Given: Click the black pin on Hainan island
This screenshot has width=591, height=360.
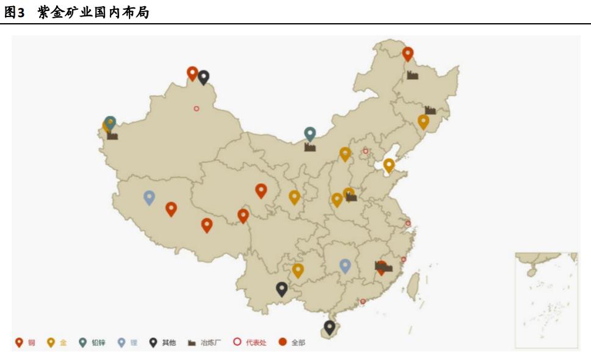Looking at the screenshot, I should click(x=330, y=327).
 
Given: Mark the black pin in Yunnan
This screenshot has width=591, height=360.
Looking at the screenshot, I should click(x=281, y=288).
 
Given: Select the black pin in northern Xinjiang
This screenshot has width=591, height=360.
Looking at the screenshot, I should click(x=204, y=76).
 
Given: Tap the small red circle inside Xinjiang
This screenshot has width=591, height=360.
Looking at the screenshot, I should click(x=197, y=109).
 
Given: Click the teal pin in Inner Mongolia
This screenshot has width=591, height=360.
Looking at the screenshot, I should click(x=310, y=134).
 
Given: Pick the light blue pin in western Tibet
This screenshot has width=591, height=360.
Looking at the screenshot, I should click(x=149, y=197).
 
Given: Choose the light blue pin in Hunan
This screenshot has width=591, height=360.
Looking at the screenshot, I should click(x=345, y=265).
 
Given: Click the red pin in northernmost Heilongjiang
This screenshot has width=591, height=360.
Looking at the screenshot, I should click(x=408, y=54).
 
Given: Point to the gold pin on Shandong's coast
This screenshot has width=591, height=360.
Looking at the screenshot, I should click(x=389, y=164).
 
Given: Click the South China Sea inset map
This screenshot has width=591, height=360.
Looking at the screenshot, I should click(x=546, y=300).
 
